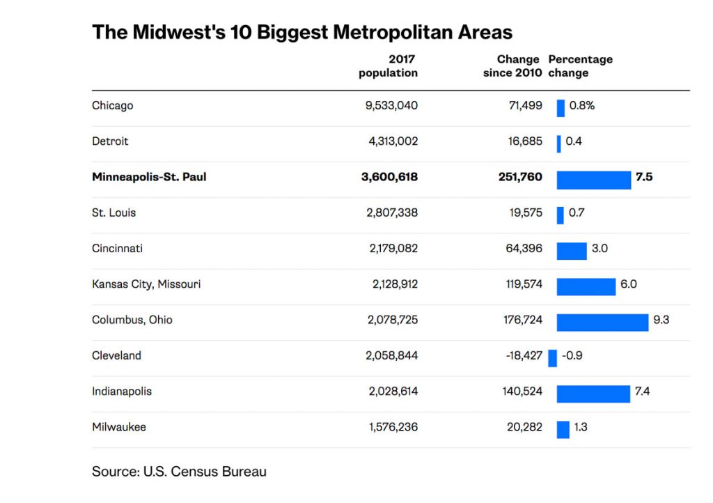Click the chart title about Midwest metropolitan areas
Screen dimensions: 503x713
tap(302, 32)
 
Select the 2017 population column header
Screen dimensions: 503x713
tap(389, 66)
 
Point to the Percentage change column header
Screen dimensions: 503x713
tap(580, 66)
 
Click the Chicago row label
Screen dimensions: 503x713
tap(112, 106)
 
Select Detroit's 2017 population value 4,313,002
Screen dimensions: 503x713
tap(393, 141)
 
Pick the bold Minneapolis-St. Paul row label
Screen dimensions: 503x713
tap(149, 177)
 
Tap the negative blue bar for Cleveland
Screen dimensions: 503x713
tap(552, 357)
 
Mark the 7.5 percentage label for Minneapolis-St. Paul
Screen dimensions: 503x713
tap(644, 177)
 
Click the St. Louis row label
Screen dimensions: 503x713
tap(113, 212)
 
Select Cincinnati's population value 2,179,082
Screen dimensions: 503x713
tap(393, 249)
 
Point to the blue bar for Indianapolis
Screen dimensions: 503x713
tap(593, 392)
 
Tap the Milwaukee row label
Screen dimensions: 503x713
tap(119, 427)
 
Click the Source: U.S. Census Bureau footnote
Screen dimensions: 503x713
tap(179, 472)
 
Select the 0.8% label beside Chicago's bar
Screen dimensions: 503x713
tap(582, 106)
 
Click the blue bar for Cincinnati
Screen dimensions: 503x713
tap(572, 249)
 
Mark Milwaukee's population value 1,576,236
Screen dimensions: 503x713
tap(393, 427)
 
